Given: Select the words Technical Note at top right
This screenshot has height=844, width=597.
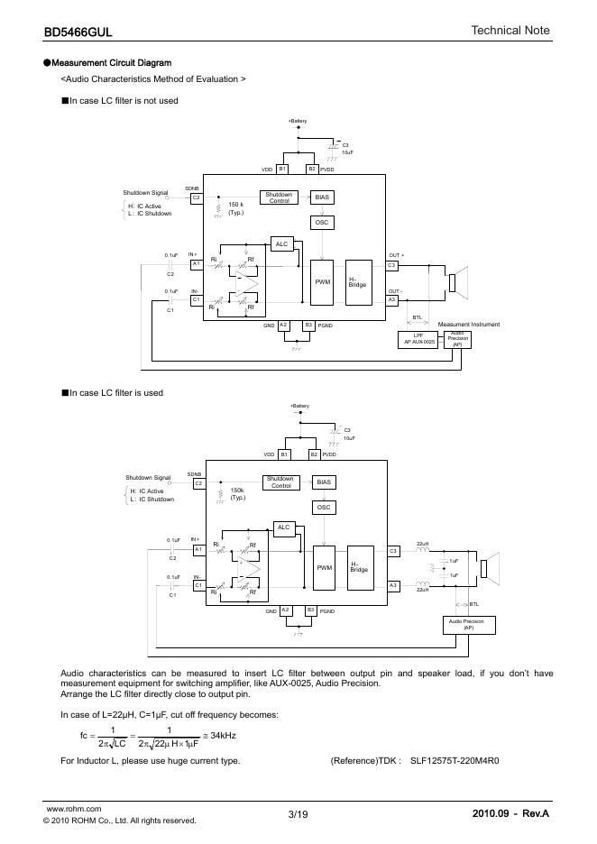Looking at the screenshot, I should click(510, 31).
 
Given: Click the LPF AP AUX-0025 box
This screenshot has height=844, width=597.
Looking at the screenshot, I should click(418, 340).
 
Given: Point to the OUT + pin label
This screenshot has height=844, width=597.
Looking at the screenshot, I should click(397, 255).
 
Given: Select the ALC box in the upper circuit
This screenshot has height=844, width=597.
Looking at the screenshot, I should click(281, 244).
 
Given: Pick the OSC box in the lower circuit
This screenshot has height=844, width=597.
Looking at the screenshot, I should click(324, 508).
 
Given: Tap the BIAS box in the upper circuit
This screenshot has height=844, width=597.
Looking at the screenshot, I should click(322, 197).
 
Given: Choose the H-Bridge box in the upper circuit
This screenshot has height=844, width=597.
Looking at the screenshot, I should click(357, 281).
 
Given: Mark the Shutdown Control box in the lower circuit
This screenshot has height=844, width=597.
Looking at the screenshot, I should click(280, 482).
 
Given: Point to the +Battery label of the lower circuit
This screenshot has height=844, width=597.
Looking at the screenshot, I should click(299, 407).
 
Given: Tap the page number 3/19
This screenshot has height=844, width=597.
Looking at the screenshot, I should click(298, 815).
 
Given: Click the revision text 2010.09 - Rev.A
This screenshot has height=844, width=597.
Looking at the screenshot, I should click(510, 815).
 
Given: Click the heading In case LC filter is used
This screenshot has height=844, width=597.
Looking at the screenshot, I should click(116, 393).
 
